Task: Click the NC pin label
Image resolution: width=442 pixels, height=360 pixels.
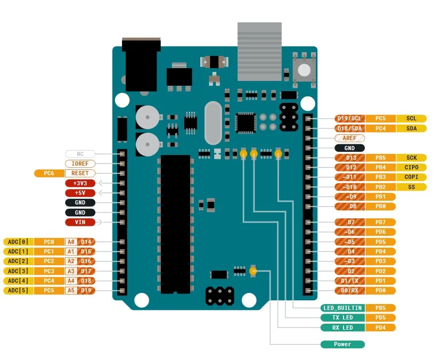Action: coord(80,154)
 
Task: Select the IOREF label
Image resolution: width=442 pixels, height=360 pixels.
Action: coord(80,163)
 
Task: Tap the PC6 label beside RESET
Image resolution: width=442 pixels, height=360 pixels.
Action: coord(49,173)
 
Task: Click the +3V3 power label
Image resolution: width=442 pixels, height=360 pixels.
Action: coord(80,183)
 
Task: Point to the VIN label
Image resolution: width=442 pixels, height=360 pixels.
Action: coord(80,222)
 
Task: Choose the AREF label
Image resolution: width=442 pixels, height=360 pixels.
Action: coord(349,138)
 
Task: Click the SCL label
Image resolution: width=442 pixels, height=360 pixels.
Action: coord(411,118)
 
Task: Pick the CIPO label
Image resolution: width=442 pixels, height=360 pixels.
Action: coord(411,167)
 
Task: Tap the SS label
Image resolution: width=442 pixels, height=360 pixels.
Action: coord(411,187)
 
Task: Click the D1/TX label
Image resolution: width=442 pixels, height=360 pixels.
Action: coord(349,281)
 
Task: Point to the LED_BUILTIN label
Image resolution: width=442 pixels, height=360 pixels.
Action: coord(342,308)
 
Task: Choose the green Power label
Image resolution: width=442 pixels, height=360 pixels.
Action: coord(342,344)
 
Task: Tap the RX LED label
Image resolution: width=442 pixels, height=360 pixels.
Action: coord(342,328)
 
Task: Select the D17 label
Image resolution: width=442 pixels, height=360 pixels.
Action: coord(86,271)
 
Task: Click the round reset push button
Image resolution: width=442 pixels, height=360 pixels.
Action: coord(304,69)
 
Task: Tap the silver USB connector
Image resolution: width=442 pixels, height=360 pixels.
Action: coord(259,52)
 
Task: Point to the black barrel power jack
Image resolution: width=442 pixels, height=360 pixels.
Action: coord(141,64)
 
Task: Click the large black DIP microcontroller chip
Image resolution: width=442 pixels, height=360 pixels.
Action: coord(175,224)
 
